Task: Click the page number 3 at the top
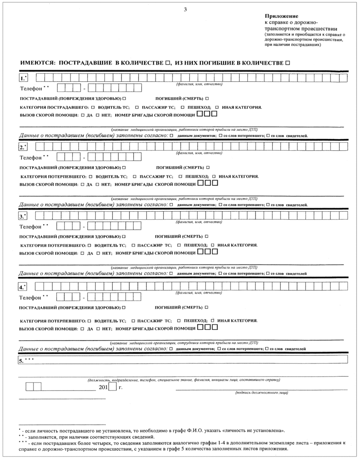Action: [185, 10]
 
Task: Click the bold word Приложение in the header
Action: [276, 16]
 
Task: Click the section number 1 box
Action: [24, 78]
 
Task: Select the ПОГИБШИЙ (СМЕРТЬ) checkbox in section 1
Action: [207, 98]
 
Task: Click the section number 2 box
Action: [24, 146]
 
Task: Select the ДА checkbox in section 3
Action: [83, 253]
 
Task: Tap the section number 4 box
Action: [23, 287]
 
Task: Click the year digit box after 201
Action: [112, 387]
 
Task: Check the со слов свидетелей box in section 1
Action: [268, 136]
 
